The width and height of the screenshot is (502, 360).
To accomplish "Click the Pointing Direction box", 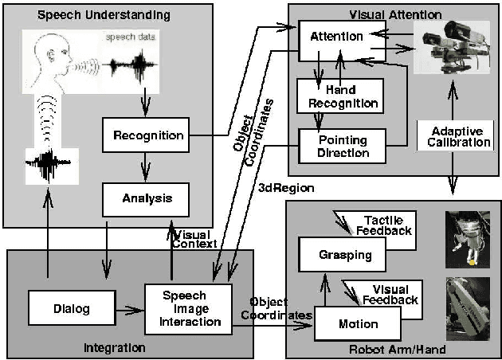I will click(x=342, y=146).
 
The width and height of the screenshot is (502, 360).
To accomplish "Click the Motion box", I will click(x=358, y=323).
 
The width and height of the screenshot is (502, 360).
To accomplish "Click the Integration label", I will click(x=115, y=347).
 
